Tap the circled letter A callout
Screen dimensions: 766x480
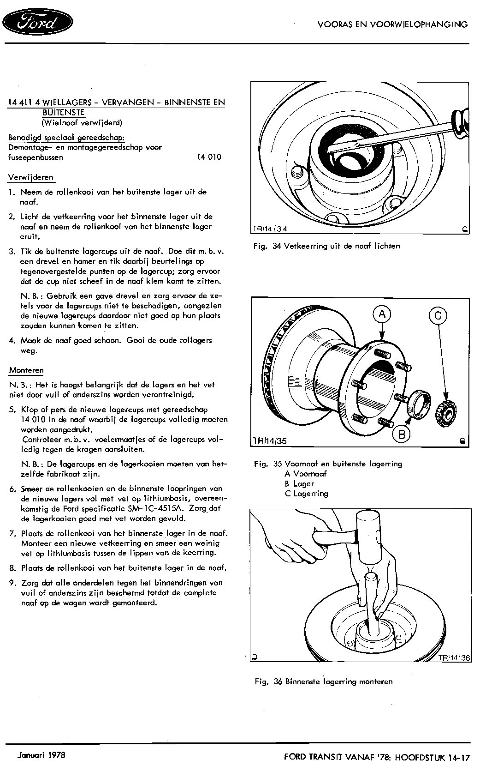[x=382, y=314]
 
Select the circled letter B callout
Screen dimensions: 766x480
[x=402, y=434]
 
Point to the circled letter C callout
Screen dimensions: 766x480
[x=438, y=315]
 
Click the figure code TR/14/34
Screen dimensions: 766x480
[x=271, y=229]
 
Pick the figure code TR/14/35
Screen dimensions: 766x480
[x=270, y=440]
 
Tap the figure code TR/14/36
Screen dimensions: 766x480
[x=454, y=657]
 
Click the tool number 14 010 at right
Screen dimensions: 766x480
[x=209, y=157]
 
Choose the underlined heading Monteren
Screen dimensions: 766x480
[x=26, y=370]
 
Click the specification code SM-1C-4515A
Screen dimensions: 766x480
[x=156, y=508]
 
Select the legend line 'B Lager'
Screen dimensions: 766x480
[x=299, y=484]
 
